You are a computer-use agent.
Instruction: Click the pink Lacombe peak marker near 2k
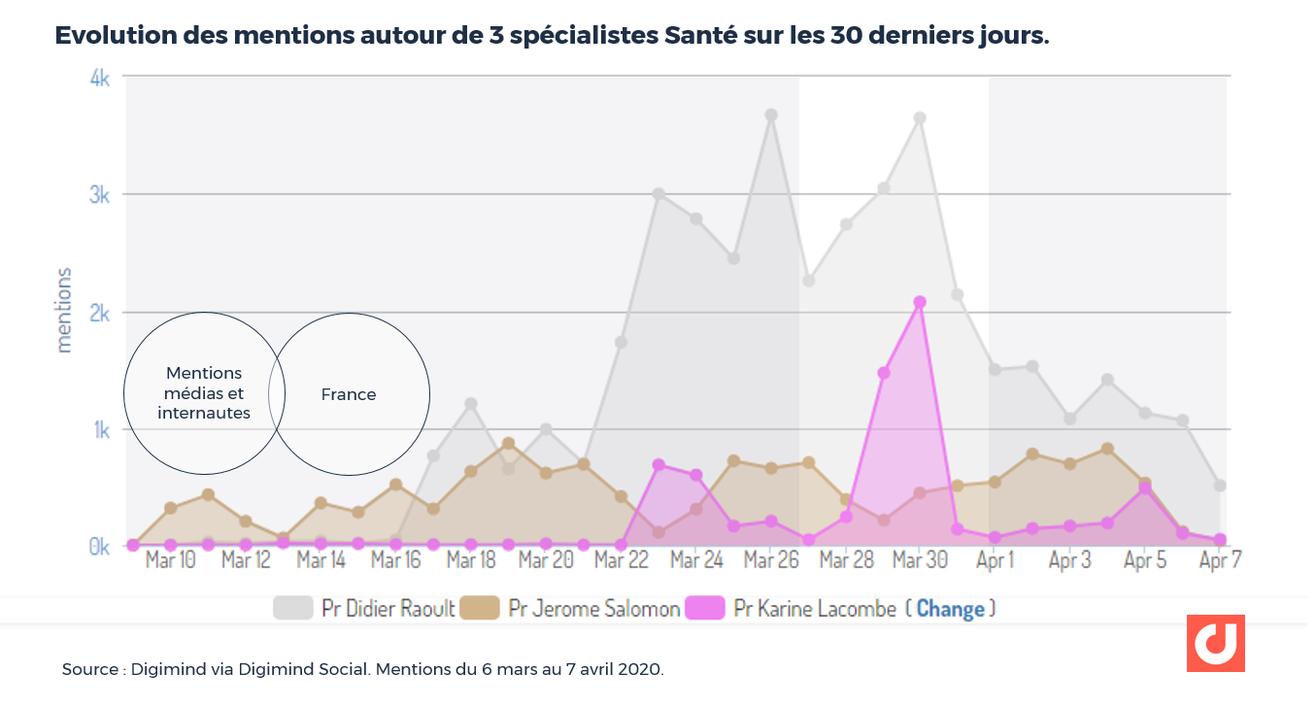920,302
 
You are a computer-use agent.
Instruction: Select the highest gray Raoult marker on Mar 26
771,115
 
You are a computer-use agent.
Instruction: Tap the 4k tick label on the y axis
99,79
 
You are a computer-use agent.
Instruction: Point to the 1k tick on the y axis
99,430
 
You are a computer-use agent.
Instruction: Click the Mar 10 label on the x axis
171,560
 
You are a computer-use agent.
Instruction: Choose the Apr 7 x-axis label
1220,560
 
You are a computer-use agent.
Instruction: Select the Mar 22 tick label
621,560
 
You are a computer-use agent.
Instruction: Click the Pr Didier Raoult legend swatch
292,609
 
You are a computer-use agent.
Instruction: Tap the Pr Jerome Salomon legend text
594,609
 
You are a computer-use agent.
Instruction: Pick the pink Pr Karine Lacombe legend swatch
705,609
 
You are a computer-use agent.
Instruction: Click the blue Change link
950,609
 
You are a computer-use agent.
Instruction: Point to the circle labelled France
349,394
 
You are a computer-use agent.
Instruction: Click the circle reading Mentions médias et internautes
204,393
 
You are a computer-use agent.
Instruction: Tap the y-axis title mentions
64,310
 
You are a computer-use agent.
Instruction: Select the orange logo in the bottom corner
1215,643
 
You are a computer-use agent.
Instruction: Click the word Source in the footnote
89,670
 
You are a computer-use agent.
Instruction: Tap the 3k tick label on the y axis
99,195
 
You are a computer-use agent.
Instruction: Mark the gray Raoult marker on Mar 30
920,118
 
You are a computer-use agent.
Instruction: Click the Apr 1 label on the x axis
995,560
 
